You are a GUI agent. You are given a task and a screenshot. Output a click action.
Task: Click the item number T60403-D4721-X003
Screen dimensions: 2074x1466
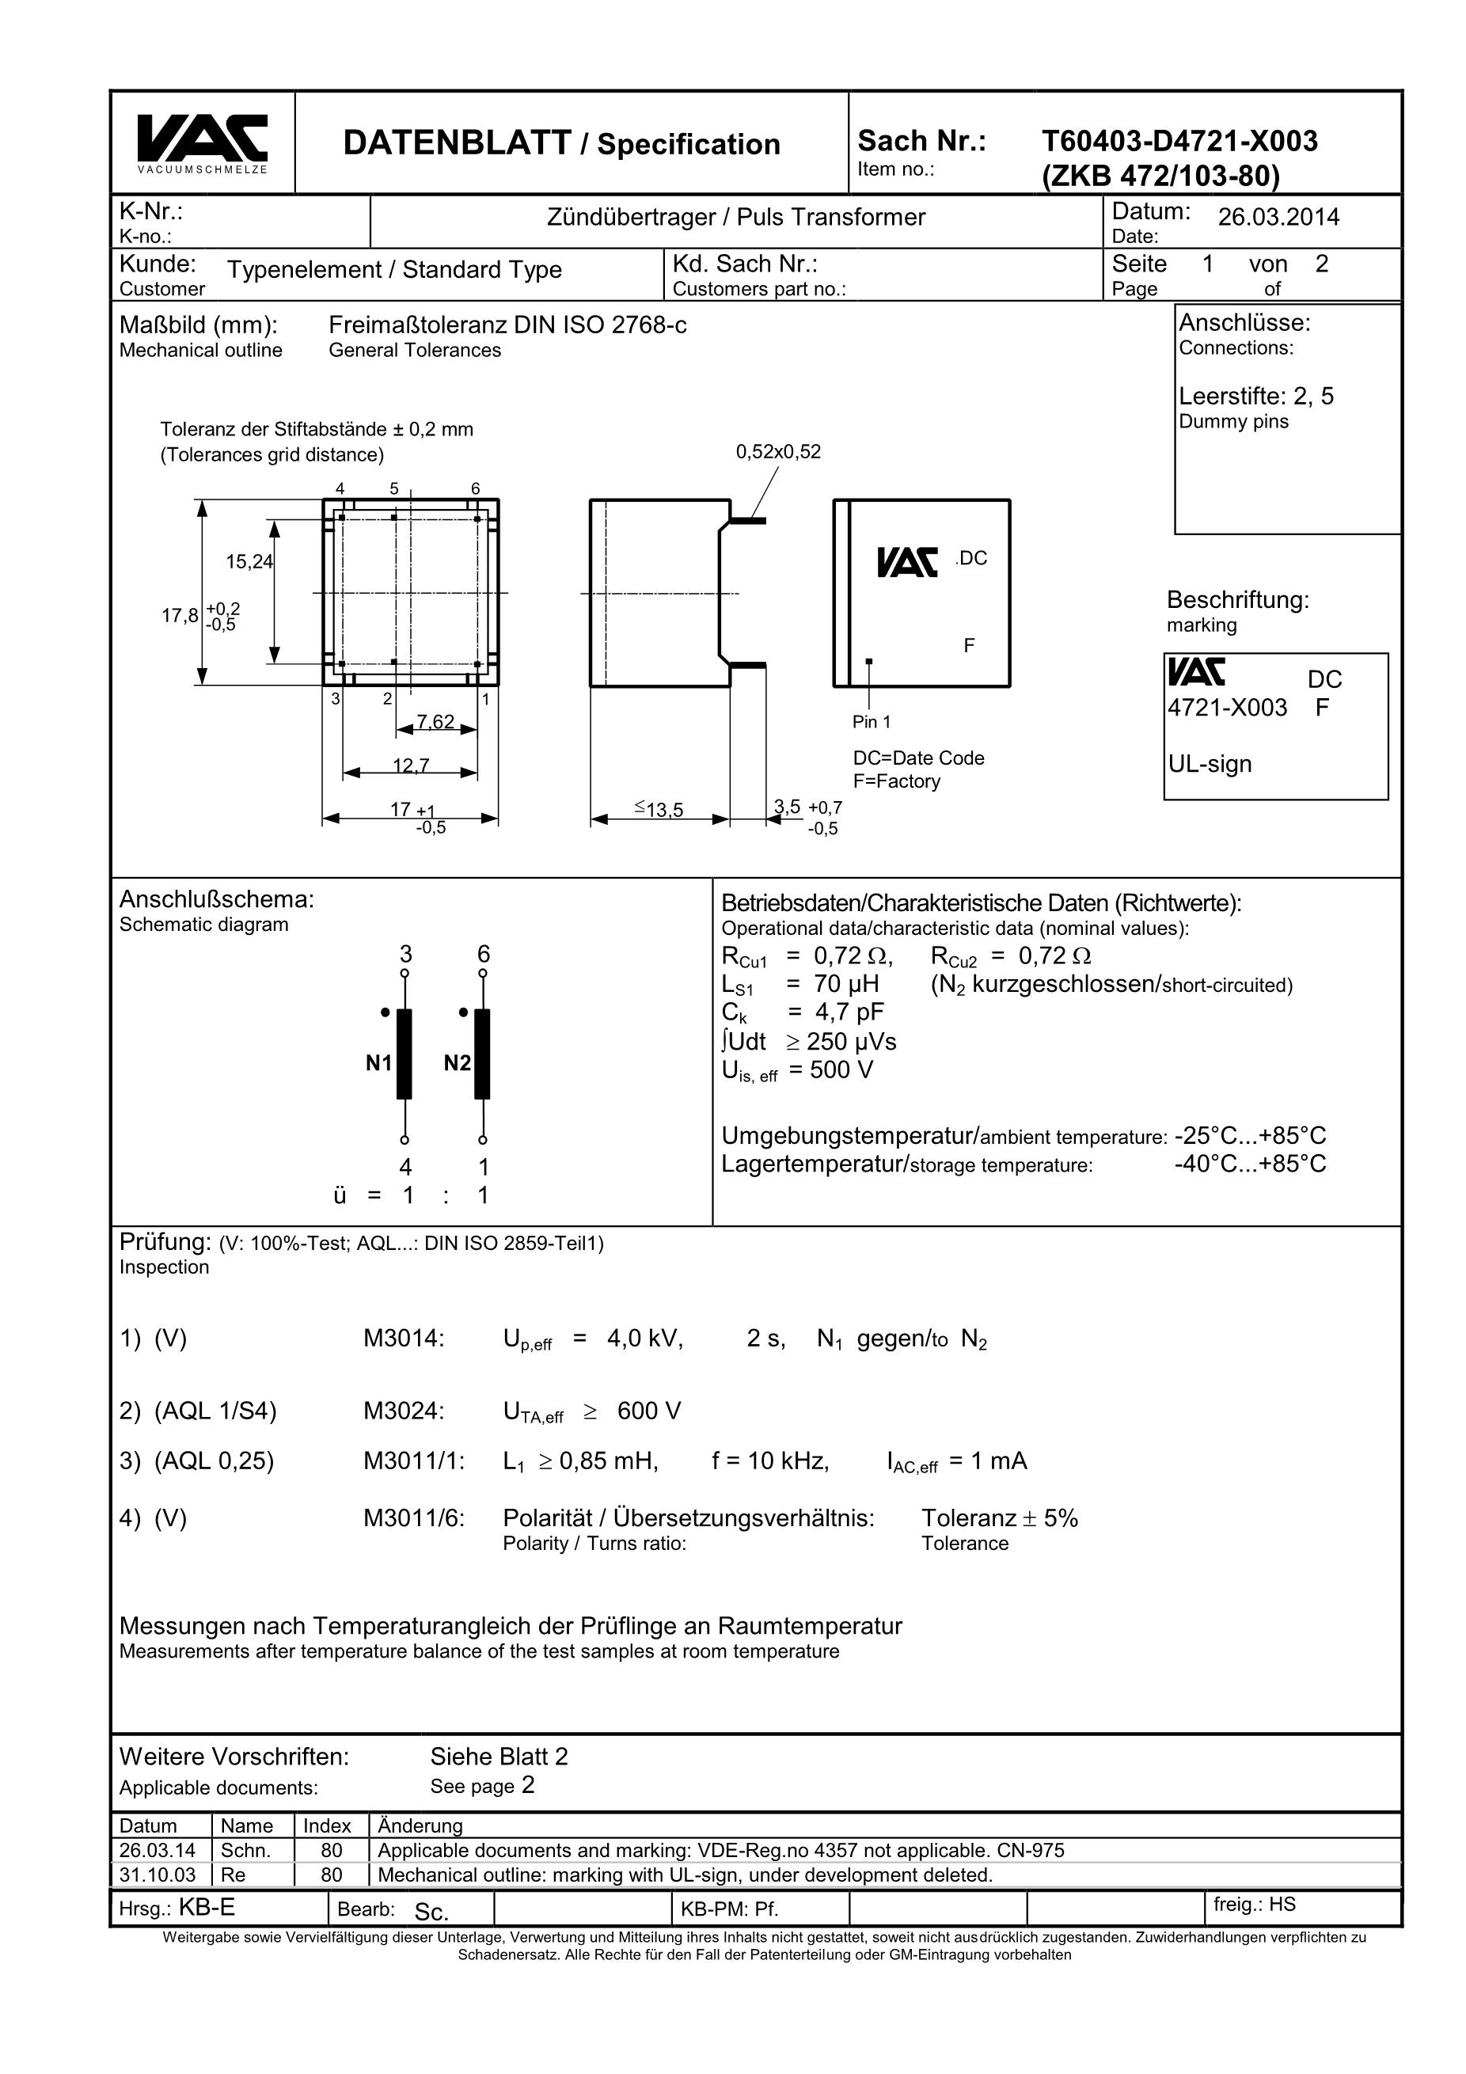click(x=1179, y=141)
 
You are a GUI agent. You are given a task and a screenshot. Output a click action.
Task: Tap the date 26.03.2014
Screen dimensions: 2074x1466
click(x=1278, y=217)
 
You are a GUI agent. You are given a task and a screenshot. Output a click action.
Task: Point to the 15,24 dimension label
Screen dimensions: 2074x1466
click(x=249, y=562)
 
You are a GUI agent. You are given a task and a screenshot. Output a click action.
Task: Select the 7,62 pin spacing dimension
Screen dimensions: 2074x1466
click(x=435, y=722)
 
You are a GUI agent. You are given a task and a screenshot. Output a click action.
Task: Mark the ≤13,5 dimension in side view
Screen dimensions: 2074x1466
click(x=659, y=809)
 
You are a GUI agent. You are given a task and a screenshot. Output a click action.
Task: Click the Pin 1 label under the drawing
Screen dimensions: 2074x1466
click(x=871, y=722)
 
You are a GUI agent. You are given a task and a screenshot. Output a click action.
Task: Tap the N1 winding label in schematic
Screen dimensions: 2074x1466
click(x=378, y=1063)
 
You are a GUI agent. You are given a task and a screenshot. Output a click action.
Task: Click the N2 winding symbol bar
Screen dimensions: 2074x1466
click(x=482, y=1054)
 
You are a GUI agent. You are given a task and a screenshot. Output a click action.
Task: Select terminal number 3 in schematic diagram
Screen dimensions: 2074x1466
click(x=405, y=954)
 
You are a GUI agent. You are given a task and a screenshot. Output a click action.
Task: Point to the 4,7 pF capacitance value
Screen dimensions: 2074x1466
click(x=849, y=1012)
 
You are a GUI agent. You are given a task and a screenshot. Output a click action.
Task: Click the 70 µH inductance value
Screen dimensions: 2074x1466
click(x=846, y=984)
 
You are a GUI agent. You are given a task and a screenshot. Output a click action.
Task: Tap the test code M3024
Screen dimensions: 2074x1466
click(x=404, y=1411)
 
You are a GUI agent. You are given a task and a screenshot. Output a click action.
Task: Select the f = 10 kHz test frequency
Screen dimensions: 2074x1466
click(x=769, y=1461)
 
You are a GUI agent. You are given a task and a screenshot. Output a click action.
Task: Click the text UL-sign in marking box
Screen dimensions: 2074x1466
click(x=1210, y=764)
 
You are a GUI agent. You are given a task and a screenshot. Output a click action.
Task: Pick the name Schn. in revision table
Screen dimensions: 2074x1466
click(x=245, y=1850)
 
